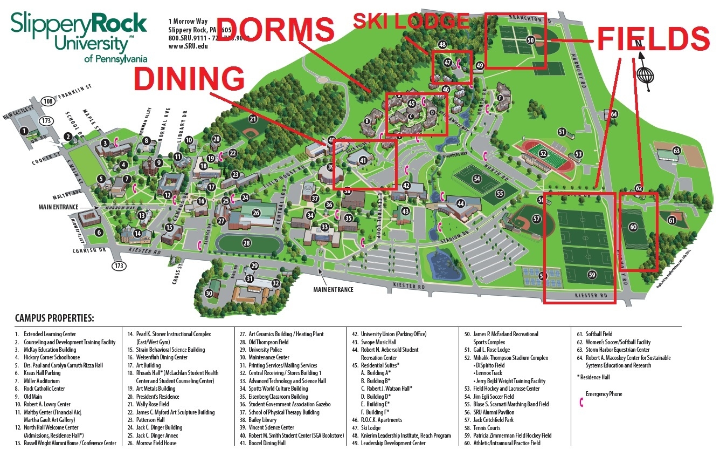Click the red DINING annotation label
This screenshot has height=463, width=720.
[188, 79]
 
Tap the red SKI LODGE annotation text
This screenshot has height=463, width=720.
[411, 21]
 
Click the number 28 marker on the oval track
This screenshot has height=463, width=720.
[246, 243]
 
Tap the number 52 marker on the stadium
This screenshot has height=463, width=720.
[543, 154]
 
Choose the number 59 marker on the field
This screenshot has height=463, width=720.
[592, 275]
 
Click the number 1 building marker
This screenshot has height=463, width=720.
[24, 131]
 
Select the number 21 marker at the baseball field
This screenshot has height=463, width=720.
[253, 119]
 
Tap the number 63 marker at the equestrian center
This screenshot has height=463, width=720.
[676, 151]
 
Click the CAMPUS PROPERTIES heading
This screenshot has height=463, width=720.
[54, 318]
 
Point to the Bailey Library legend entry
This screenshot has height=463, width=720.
[263, 419]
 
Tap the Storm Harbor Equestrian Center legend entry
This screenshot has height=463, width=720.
[611, 350]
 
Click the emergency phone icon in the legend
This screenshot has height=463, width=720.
[580, 403]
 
